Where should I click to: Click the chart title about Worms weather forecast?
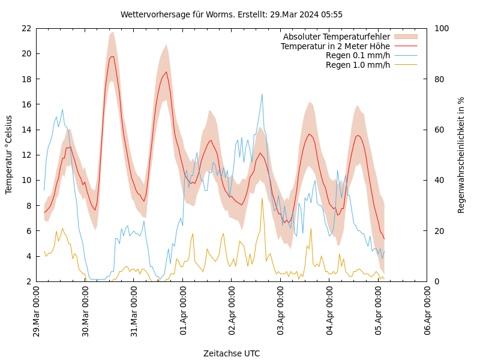[x=232, y=14]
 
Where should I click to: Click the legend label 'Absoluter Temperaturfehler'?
[x=337, y=37]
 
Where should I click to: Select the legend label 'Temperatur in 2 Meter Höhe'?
[x=335, y=46]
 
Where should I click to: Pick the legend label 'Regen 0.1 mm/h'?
[x=358, y=55]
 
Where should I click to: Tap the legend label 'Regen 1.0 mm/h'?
[x=358, y=64]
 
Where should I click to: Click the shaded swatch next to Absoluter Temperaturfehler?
[x=406, y=37]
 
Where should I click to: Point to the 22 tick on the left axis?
[x=26, y=28]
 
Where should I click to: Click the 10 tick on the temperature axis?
[x=26, y=180]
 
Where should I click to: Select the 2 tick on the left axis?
[x=28, y=281]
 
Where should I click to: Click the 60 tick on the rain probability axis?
[x=439, y=130]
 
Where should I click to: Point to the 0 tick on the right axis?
[x=436, y=281]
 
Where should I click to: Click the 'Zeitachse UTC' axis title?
[x=232, y=353]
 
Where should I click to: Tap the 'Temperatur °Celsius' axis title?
[x=9, y=155]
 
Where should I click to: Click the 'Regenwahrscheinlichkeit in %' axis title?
[x=461, y=155]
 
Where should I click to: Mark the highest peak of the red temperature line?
[x=112, y=56]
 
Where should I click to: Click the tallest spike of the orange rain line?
[x=262, y=198]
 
